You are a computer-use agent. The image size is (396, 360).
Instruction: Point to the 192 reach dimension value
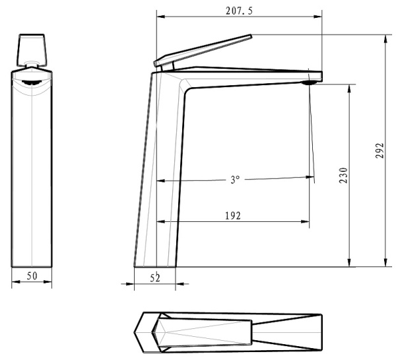point(232,215)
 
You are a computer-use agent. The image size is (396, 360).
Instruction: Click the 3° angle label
point(234,179)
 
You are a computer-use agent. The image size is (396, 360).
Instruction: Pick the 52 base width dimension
point(155,278)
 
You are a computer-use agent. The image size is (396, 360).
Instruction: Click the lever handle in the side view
point(205,50)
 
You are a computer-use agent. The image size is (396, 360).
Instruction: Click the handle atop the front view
point(32,48)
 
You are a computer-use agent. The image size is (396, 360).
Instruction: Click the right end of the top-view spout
point(321,330)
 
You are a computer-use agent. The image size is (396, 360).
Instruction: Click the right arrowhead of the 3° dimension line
point(308,177)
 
